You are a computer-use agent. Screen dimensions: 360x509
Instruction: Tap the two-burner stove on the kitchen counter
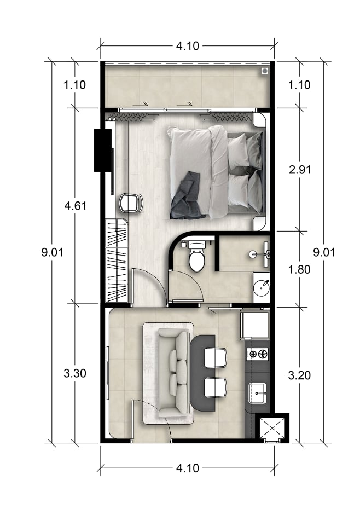pos(258,354)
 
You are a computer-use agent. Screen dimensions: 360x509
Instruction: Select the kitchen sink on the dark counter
pos(258,393)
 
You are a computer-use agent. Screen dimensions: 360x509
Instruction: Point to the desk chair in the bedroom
pos(131,203)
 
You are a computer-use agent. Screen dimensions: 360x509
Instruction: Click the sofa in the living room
pos(173,372)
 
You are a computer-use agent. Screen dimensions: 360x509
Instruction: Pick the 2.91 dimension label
pos(300,170)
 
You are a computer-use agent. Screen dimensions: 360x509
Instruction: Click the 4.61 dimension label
pos(76,206)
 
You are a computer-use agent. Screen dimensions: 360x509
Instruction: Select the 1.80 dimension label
pos(299,269)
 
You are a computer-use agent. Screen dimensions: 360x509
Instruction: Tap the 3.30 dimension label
pos(75,373)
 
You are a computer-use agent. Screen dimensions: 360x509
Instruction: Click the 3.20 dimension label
pos(299,375)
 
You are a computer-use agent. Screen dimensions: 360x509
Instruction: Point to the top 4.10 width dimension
pos(188,46)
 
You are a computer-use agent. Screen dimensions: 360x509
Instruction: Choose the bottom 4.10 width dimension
pos(188,468)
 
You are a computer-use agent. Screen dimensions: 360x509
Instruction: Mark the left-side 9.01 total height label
pos(53,252)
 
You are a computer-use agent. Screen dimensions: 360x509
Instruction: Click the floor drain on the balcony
pos(265,71)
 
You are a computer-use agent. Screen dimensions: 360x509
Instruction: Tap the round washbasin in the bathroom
pos(261,287)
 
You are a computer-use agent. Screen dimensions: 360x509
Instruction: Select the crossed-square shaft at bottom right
pos(272,429)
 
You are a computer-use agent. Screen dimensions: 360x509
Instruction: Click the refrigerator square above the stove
pos(255,325)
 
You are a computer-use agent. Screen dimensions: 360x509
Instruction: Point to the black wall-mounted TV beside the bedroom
pos(102,150)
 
